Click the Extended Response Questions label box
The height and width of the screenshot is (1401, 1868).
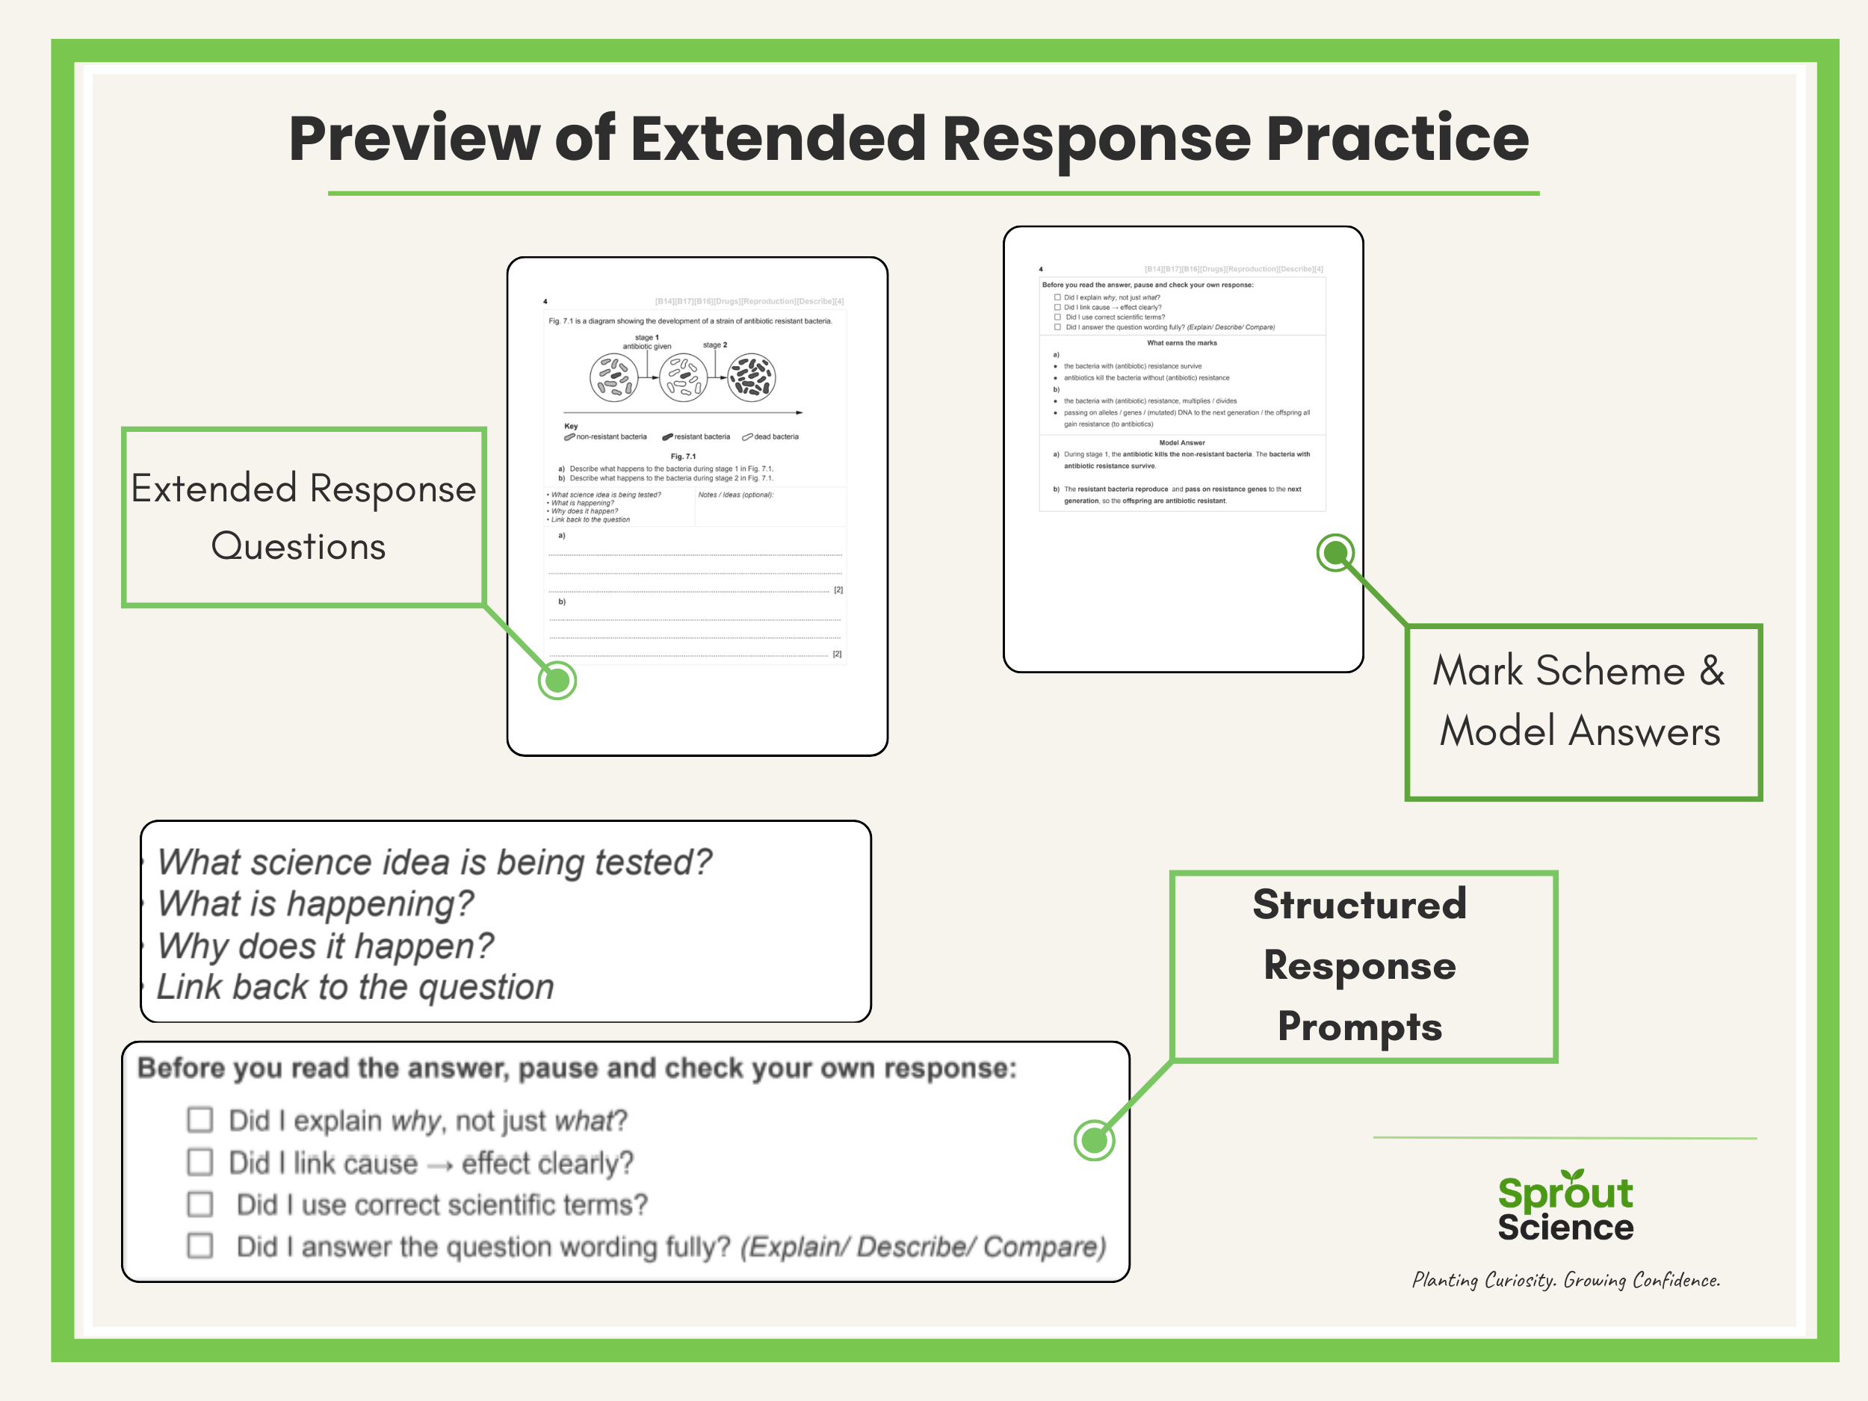click(x=303, y=517)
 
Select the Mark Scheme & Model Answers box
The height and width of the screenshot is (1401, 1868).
click(x=1583, y=712)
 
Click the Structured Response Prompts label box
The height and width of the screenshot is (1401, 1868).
click(x=1362, y=965)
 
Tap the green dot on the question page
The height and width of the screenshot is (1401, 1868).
click(x=557, y=680)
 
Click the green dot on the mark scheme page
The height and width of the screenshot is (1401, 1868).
click(x=1335, y=553)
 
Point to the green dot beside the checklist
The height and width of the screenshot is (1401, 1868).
click(x=1094, y=1140)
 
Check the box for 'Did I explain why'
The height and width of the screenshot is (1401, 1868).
click(x=200, y=1120)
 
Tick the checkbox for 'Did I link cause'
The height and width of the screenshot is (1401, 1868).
click(x=200, y=1162)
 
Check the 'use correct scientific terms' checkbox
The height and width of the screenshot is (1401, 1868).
click(x=200, y=1204)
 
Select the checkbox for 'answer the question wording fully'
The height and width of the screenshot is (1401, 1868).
click(x=200, y=1246)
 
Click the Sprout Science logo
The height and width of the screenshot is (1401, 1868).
click(x=1565, y=1207)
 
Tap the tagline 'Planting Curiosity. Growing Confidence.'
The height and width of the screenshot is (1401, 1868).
click(x=1565, y=1280)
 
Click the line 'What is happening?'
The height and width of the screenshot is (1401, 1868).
click(x=316, y=903)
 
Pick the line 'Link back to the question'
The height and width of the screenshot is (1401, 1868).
click(x=356, y=986)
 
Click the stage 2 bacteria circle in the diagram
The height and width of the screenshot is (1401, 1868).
click(x=751, y=377)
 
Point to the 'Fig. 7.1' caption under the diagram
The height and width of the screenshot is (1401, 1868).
click(x=683, y=456)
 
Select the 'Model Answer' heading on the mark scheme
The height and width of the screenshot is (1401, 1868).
click(x=1181, y=442)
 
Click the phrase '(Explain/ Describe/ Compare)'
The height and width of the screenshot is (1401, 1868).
click(x=923, y=1246)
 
